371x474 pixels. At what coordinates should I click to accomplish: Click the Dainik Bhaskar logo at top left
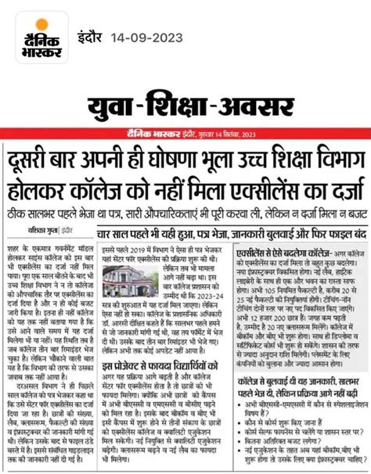(34, 37)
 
